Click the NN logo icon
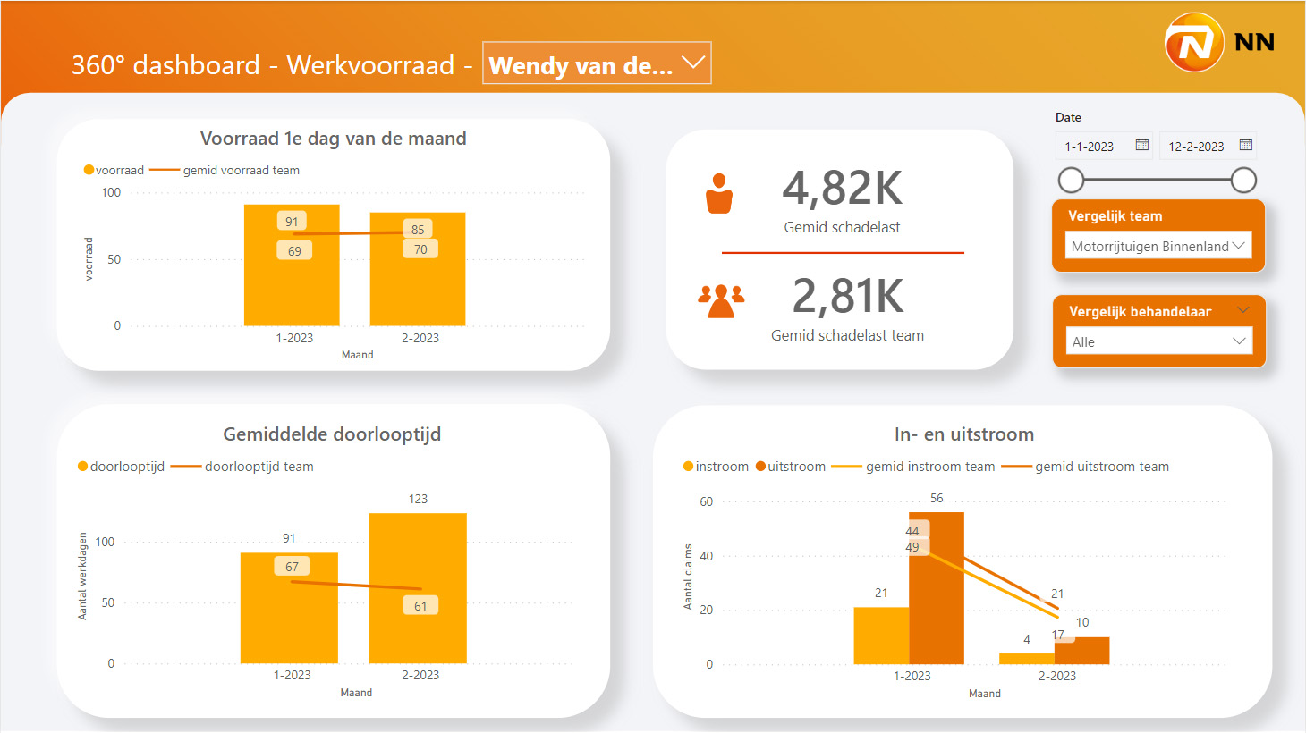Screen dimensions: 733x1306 tap(1194, 42)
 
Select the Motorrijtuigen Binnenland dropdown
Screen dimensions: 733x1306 tap(1158, 246)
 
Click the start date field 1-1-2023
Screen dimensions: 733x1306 tap(1090, 147)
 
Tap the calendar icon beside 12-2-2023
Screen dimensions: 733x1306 tap(1245, 145)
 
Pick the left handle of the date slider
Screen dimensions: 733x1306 tap(1071, 181)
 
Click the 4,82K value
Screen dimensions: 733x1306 tap(842, 189)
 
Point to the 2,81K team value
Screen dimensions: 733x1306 tap(847, 296)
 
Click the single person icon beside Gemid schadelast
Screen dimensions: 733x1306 tap(719, 194)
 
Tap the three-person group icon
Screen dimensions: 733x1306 tap(721, 300)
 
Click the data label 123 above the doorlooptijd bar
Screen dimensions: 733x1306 tap(418, 499)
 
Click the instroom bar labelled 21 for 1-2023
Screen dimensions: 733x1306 tap(881, 636)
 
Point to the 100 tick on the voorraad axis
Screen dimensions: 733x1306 tap(111, 192)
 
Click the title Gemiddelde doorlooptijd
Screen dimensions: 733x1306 tap(332, 434)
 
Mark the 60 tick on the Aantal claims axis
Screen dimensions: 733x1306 tap(707, 501)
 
